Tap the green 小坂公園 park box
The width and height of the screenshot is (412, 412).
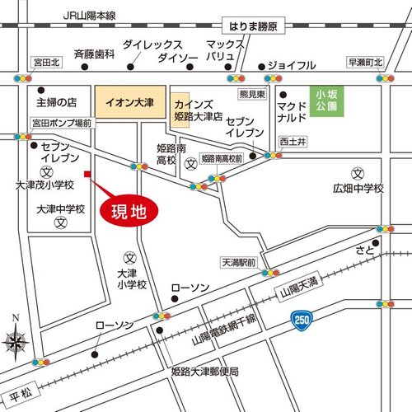pos(325,105)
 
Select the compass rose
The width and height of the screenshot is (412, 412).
pos(16,339)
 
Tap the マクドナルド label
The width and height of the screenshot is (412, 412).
pos(292,112)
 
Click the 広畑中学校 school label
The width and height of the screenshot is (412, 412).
pos(358,189)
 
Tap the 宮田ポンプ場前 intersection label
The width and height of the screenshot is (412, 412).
pos(61,123)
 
